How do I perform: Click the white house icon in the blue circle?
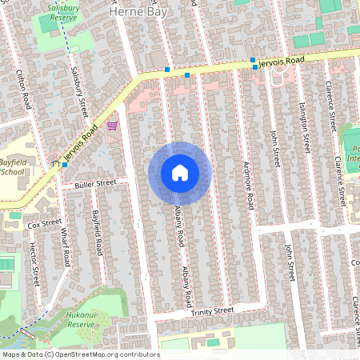tap(180, 173)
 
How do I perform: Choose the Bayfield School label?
tap(13, 166)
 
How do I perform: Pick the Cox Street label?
tap(45, 224)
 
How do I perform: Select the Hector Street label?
tap(34, 266)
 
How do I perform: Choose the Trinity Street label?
tap(212, 310)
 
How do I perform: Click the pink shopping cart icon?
tap(112, 125)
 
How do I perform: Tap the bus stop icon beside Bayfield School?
tap(65, 164)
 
